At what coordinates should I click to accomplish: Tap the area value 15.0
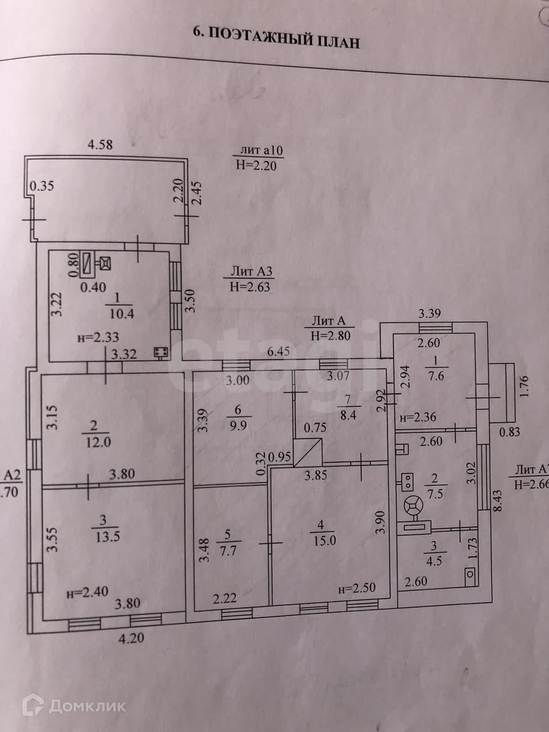pos(324,540)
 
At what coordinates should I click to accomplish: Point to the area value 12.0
pos(98,442)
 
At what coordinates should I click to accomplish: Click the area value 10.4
pos(121,314)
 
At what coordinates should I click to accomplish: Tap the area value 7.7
pos(228,550)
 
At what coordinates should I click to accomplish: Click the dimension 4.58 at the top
pos(100,145)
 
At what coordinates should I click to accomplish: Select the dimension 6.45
pos(279,352)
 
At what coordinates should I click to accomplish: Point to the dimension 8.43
pos(498,501)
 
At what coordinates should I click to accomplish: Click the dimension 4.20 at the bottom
pos(131,637)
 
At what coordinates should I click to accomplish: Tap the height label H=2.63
pos(250,287)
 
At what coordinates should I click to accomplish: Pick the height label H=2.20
pos(256,165)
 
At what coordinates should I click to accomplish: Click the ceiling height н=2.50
pos(357,589)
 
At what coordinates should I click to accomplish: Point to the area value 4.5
pos(434,560)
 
